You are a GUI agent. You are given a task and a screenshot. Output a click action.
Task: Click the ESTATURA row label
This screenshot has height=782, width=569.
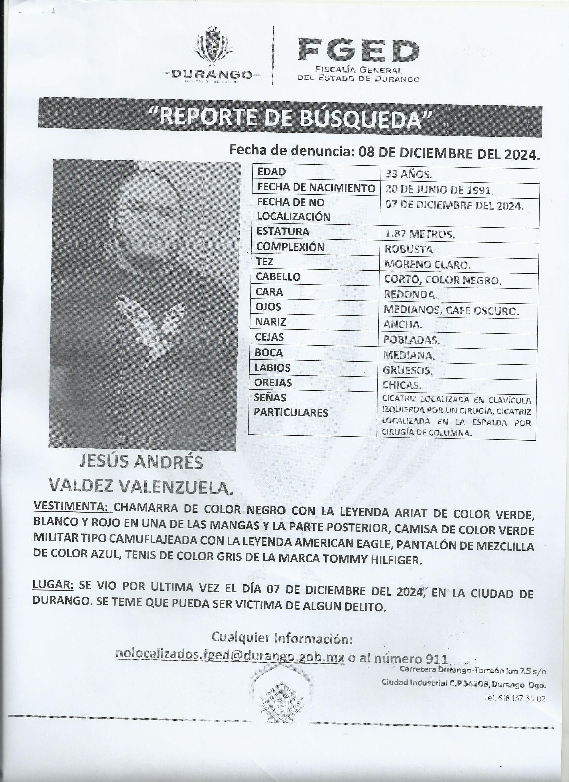282,231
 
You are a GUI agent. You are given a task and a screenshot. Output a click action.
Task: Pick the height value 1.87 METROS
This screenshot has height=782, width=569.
419,235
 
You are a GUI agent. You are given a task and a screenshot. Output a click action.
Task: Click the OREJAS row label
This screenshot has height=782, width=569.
273,383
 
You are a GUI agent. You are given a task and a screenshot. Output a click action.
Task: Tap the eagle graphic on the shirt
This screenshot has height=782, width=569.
150,328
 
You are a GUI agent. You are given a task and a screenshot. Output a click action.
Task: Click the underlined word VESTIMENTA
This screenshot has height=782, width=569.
71,507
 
